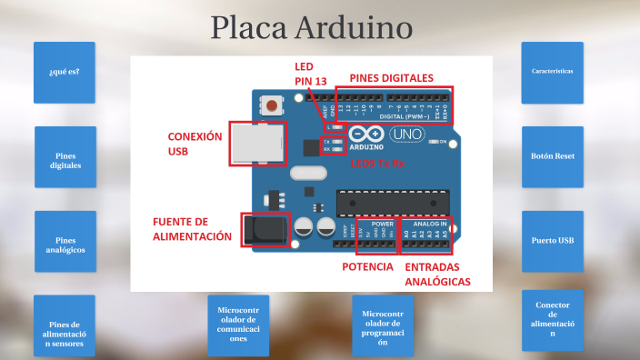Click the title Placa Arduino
[312, 27]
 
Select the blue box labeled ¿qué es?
[64, 72]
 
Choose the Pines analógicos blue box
[65, 241]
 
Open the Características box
[552, 72]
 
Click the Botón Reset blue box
[552, 156]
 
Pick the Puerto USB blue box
[552, 241]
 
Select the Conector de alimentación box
[552, 320]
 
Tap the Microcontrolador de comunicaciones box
[238, 325]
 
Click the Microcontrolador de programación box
[383, 325]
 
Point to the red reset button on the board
[271, 105]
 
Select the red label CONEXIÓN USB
[195, 144]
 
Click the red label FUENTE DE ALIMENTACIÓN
[193, 229]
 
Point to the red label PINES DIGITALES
[391, 78]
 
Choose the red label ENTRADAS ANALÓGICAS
[437, 275]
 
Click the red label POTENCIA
[367, 267]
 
